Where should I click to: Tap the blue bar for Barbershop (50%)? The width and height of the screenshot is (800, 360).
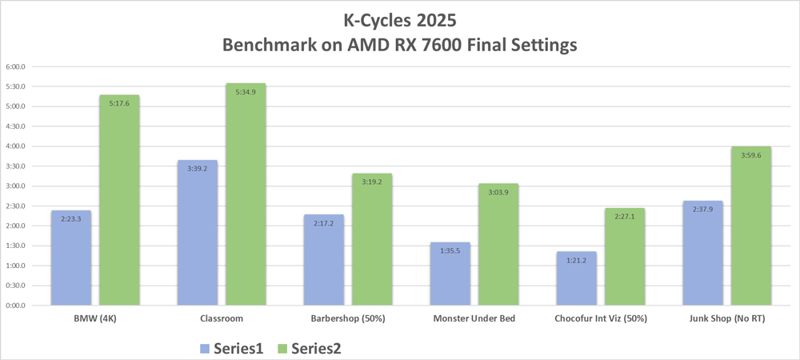click(324, 260)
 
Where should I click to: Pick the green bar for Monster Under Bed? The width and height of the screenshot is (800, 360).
click(498, 245)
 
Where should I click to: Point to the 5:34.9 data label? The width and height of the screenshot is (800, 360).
click(246, 92)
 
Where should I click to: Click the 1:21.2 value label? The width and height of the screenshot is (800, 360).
click(577, 260)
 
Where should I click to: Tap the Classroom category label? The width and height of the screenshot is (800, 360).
click(221, 318)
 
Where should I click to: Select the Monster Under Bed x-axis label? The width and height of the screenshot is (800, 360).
click(474, 318)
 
